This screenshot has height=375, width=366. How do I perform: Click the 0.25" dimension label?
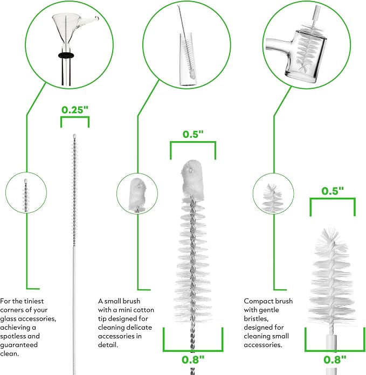[x=75, y=110]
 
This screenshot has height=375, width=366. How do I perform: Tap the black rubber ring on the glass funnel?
[x=66, y=55]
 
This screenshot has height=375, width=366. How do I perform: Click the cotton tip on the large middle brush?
[x=193, y=179]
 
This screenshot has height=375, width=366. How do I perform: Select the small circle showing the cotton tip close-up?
[x=137, y=193]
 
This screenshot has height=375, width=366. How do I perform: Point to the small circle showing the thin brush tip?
[x=26, y=192]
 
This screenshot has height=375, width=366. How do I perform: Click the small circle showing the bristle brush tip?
[x=273, y=193]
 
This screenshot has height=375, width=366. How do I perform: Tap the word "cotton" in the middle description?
[x=143, y=310]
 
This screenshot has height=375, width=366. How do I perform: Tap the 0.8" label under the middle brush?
[x=193, y=360]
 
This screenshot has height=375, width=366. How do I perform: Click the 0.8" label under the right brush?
[x=335, y=360]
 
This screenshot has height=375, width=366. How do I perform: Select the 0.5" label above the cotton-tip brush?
[x=193, y=134]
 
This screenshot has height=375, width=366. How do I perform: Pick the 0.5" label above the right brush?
[x=333, y=191]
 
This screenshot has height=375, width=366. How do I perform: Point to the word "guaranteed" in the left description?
[x=19, y=345]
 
